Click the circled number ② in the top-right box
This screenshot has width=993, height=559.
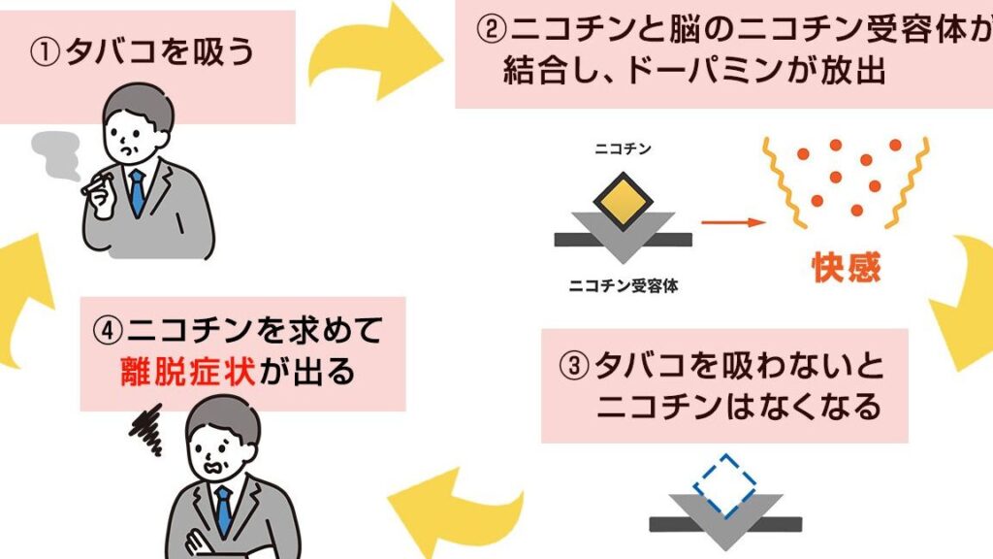489,31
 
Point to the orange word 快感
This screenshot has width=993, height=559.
845,267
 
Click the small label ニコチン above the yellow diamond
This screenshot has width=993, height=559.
623,150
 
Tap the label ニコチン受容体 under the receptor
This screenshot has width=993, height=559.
622,286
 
